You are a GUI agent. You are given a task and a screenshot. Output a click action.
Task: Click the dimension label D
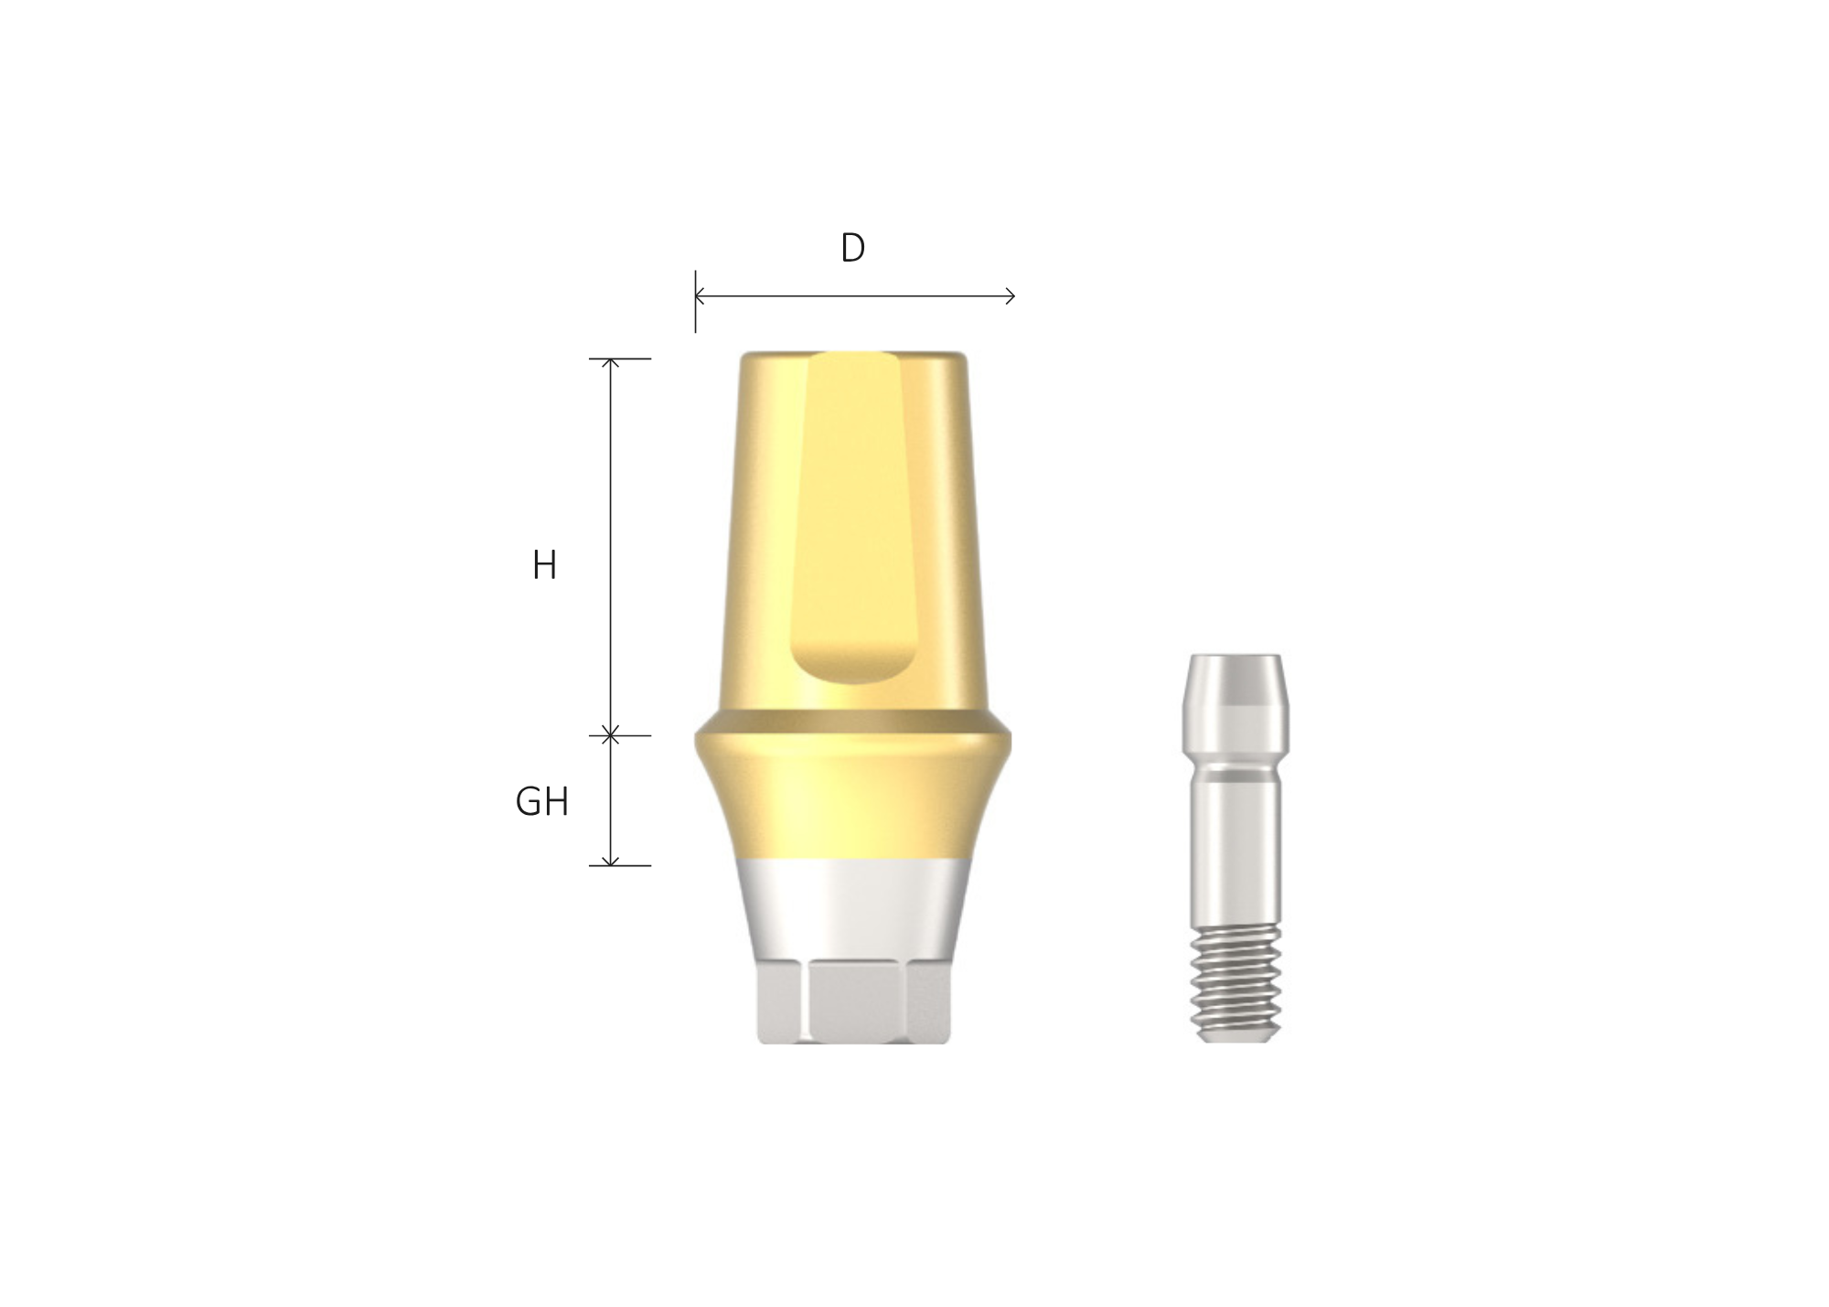(x=852, y=249)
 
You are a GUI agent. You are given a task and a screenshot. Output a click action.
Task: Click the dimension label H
(x=544, y=566)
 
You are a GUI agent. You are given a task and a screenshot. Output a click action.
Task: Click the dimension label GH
(x=541, y=802)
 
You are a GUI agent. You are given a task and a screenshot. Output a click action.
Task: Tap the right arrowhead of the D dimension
(x=1011, y=295)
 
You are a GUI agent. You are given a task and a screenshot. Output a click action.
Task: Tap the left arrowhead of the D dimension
(x=700, y=295)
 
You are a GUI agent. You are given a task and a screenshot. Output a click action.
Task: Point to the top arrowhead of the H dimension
(x=611, y=363)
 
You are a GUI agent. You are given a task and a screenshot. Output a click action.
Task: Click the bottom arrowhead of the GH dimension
(x=611, y=861)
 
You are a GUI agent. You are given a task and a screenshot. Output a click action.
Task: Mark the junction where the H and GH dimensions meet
(x=611, y=735)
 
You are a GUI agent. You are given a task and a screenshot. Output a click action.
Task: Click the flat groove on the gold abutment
(x=853, y=512)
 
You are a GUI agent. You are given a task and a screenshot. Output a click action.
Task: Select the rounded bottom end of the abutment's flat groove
(x=853, y=668)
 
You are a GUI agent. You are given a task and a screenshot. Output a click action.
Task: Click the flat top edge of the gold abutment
(x=853, y=355)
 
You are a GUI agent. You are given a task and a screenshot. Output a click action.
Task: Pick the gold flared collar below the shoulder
(x=853, y=805)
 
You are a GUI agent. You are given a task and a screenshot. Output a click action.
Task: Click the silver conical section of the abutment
(x=853, y=910)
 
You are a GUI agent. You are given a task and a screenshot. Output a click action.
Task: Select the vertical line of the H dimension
(x=611, y=549)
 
